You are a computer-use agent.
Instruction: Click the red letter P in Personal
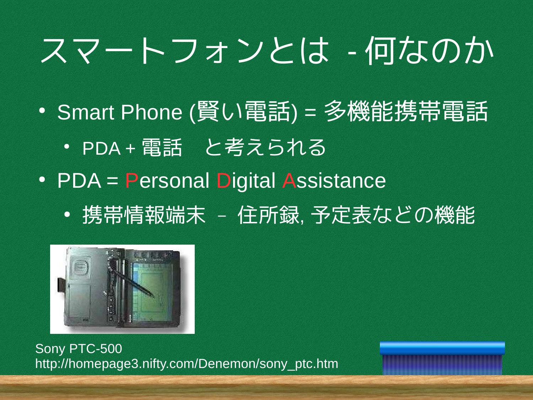coord(132,181)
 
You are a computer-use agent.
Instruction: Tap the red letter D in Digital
coord(224,181)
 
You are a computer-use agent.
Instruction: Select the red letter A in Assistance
coord(289,181)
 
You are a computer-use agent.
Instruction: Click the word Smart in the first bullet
coord(86,112)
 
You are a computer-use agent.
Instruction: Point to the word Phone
coord(151,112)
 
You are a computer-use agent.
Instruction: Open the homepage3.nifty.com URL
coord(187,364)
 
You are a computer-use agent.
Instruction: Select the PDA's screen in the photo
coord(152,289)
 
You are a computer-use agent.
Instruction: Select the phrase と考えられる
coord(265,148)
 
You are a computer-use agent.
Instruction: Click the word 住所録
coord(269,215)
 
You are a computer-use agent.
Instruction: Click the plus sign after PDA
coord(130,148)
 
